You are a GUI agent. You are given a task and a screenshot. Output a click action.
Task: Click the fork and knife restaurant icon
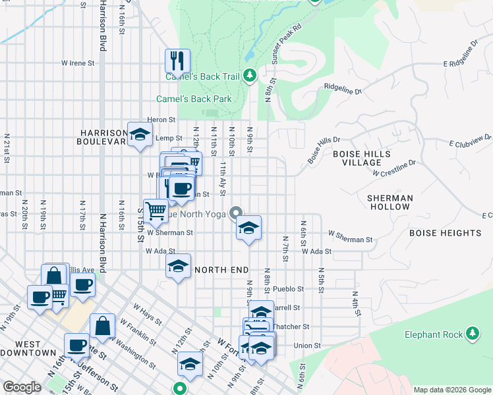pos(177,61)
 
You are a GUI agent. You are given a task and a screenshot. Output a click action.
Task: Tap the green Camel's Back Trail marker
pos(250,76)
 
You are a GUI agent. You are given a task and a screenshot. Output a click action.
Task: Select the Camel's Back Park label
pos(194,99)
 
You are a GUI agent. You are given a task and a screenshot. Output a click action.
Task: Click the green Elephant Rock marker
pos(471,334)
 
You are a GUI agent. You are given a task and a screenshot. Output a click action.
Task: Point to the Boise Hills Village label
pos(361,158)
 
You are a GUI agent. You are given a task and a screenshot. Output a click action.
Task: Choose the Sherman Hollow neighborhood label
pos(390,202)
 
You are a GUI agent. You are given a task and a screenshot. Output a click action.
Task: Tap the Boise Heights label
pos(445,233)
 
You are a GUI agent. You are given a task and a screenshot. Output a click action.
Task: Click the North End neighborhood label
pos(221,270)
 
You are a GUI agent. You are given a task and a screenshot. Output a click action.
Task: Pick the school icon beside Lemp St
pos(139,136)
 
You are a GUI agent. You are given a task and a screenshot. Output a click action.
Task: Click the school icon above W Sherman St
pos(248,228)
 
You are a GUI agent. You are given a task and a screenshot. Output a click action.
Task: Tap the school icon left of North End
pos(177,267)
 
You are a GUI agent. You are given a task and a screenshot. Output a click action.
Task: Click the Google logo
pos(22,387)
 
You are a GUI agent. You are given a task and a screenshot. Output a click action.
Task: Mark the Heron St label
pos(161,120)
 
